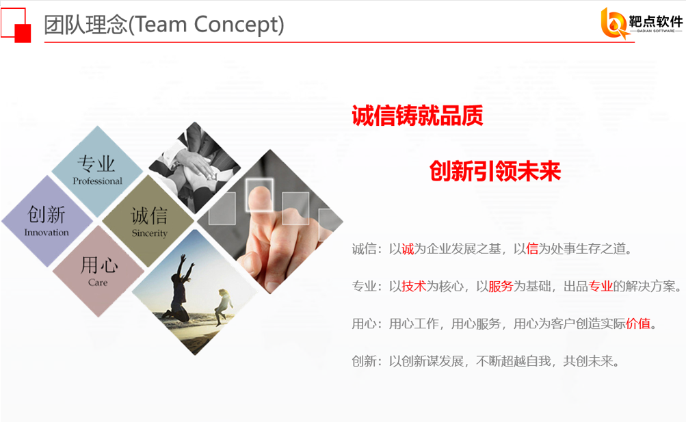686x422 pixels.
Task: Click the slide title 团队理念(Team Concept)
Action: [164, 25]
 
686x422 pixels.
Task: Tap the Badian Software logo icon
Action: [614, 23]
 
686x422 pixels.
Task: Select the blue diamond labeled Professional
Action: [97, 171]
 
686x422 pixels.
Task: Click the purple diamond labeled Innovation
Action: [47, 222]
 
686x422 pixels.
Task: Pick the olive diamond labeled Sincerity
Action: [148, 222]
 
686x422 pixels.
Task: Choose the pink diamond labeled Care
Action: [98, 272]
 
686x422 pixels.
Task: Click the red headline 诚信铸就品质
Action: [417, 116]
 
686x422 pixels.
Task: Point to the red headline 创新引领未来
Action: [494, 171]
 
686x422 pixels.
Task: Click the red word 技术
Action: [414, 287]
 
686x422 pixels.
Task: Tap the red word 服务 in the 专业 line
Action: [501, 287]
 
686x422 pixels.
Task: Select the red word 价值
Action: [638, 324]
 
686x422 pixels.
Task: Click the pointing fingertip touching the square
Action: [259, 196]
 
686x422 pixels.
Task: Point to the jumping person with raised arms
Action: [179, 288]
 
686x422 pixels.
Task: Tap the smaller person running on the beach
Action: [223, 306]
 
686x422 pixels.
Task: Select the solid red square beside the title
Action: [23, 34]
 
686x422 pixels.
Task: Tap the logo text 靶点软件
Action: [656, 21]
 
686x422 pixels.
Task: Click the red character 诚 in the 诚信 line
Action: [408, 249]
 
